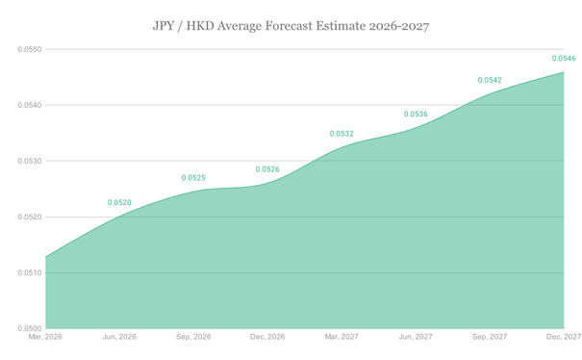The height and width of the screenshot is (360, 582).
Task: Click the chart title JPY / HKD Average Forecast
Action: click(x=291, y=24)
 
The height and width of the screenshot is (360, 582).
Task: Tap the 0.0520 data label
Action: click(x=120, y=203)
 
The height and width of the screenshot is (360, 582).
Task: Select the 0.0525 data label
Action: click(x=195, y=178)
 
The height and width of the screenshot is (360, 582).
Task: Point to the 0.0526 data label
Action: click(x=268, y=169)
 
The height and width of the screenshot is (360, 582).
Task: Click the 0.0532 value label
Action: click(x=342, y=134)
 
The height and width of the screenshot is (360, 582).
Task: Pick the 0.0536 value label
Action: click(x=417, y=115)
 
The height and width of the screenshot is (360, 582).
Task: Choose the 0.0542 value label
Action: click(x=491, y=80)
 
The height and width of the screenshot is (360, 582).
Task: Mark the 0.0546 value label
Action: click(x=564, y=59)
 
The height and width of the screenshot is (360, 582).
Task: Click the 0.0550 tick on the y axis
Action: click(x=31, y=48)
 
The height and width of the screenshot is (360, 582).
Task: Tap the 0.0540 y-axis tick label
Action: click(x=31, y=105)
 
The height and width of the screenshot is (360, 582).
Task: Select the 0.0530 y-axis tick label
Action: click(x=31, y=161)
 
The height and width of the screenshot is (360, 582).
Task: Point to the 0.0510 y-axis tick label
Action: click(x=31, y=273)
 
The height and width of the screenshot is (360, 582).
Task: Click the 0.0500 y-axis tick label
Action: click(x=31, y=329)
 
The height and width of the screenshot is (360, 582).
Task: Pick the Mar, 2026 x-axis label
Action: click(x=46, y=337)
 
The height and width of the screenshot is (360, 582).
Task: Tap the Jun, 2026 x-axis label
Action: click(x=120, y=337)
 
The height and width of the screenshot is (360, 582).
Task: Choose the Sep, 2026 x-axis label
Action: click(x=194, y=337)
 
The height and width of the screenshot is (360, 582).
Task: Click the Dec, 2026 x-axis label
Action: click(x=268, y=337)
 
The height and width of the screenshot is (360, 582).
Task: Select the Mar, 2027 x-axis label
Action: click(x=342, y=337)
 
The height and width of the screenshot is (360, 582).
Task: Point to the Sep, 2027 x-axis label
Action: click(x=491, y=337)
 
